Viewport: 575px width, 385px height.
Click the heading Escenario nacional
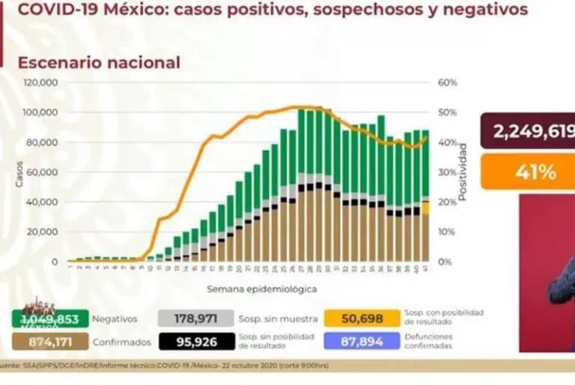pos(99,62)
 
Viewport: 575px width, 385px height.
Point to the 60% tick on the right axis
pos(447,82)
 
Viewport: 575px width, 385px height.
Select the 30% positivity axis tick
pos(447,172)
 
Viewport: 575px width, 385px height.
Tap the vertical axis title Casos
pos(19,173)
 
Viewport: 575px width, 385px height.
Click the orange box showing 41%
pos(527,172)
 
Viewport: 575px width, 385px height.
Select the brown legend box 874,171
pos(49,342)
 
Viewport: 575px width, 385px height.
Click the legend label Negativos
pos(114,318)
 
